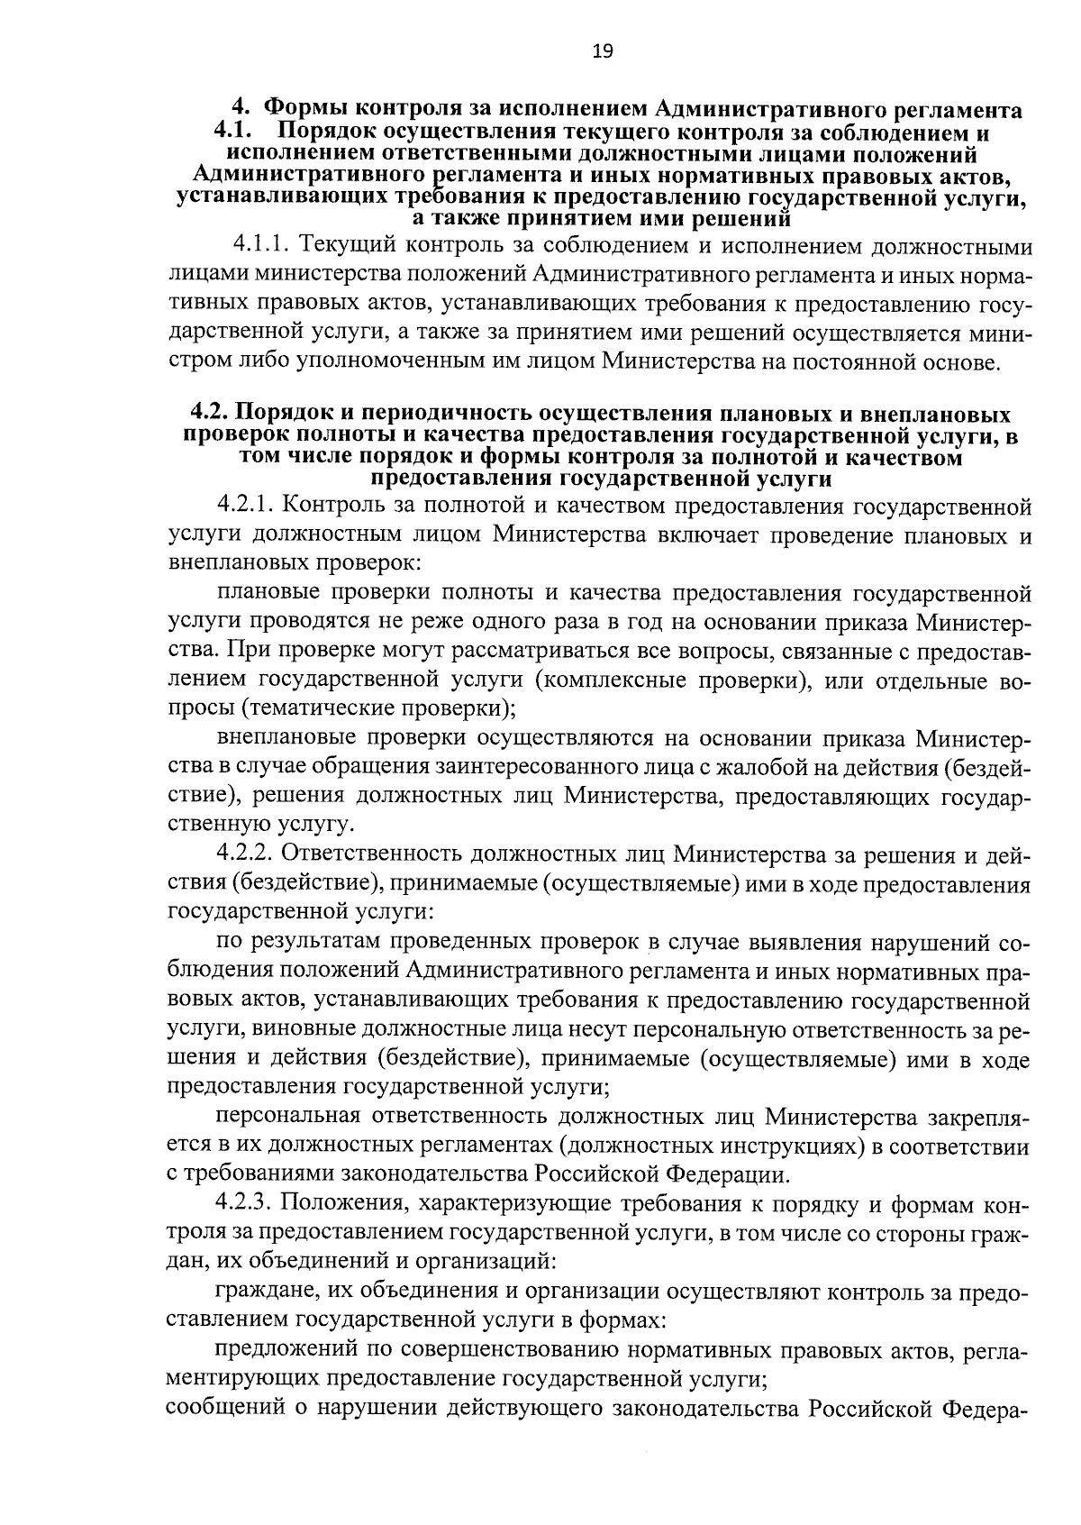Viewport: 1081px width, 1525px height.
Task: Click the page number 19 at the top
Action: click(x=603, y=51)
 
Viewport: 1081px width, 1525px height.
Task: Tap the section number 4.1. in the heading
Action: click(x=232, y=132)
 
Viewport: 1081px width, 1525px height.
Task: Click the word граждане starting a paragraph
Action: click(x=265, y=1292)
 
